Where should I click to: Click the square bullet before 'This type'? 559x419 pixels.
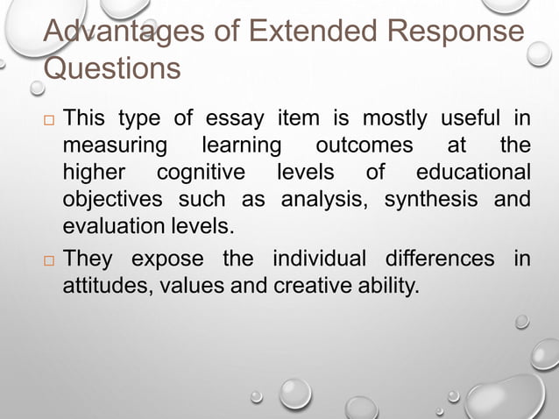point(48,118)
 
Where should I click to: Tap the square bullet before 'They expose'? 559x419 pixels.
point(48,261)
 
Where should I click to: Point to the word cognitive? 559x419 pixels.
point(201,171)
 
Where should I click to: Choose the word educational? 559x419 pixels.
point(474,171)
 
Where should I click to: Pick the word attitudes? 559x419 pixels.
point(102,286)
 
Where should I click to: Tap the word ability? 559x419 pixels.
point(385,286)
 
